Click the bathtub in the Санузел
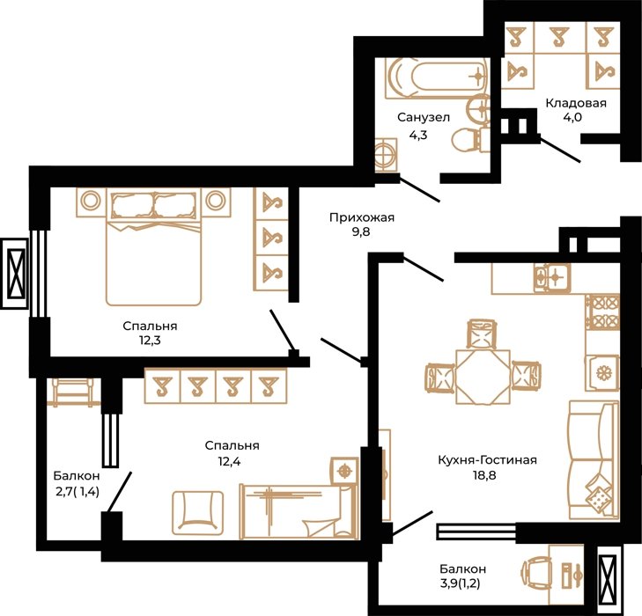click(x=437, y=77)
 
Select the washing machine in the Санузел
click(x=386, y=155)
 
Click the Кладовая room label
click(x=576, y=103)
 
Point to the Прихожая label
click(x=362, y=217)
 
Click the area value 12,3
click(x=150, y=341)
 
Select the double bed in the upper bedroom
click(x=153, y=246)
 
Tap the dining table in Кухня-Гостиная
click(x=483, y=377)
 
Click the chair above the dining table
click(x=483, y=334)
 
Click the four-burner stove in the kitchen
click(x=602, y=312)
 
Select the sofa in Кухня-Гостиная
click(x=594, y=459)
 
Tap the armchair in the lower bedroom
click(x=198, y=513)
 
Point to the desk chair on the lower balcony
click(x=535, y=570)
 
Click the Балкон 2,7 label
click(x=77, y=483)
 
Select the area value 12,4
click(x=229, y=462)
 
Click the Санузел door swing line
click(x=419, y=189)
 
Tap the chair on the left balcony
click(x=72, y=392)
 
